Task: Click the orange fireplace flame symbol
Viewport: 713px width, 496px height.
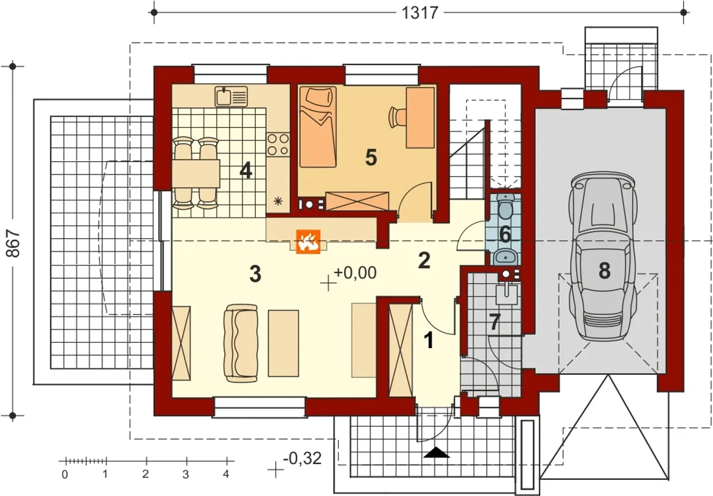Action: pos(308,242)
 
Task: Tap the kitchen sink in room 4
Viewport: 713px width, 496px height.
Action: pos(231,97)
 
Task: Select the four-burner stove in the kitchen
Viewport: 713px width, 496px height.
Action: pos(278,145)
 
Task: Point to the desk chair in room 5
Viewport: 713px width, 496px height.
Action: pos(397,117)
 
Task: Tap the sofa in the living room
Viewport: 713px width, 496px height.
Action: pos(241,343)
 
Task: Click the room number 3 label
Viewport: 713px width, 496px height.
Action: pos(255,274)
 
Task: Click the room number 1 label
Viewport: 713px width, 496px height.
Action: pos(429,340)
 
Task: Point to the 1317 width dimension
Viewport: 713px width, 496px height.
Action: pos(420,13)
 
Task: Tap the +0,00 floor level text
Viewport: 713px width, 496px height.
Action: pos(355,273)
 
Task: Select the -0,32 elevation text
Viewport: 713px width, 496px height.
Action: pos(302,459)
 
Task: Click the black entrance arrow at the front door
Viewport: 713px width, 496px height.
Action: pos(437,452)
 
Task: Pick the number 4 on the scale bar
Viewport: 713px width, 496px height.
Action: pos(226,474)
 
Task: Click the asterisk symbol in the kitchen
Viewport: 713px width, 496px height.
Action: pos(278,201)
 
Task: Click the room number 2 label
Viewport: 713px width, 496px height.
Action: pos(424,261)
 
